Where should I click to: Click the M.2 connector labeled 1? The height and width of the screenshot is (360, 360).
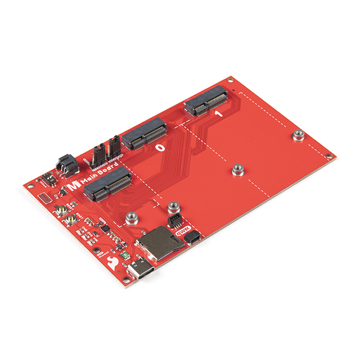pyautogui.click(x=206, y=102)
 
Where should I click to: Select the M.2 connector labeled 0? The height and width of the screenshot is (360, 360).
pyautogui.click(x=145, y=133)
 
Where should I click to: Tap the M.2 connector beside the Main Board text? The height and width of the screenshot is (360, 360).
pyautogui.click(x=108, y=185)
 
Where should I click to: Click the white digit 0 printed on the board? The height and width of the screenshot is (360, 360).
pyautogui.click(x=160, y=146)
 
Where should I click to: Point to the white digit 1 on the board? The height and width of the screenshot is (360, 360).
pyautogui.click(x=218, y=113)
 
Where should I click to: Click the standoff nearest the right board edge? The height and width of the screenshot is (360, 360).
pyautogui.click(x=296, y=136)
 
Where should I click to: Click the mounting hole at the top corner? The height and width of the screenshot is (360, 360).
pyautogui.click(x=230, y=79)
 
